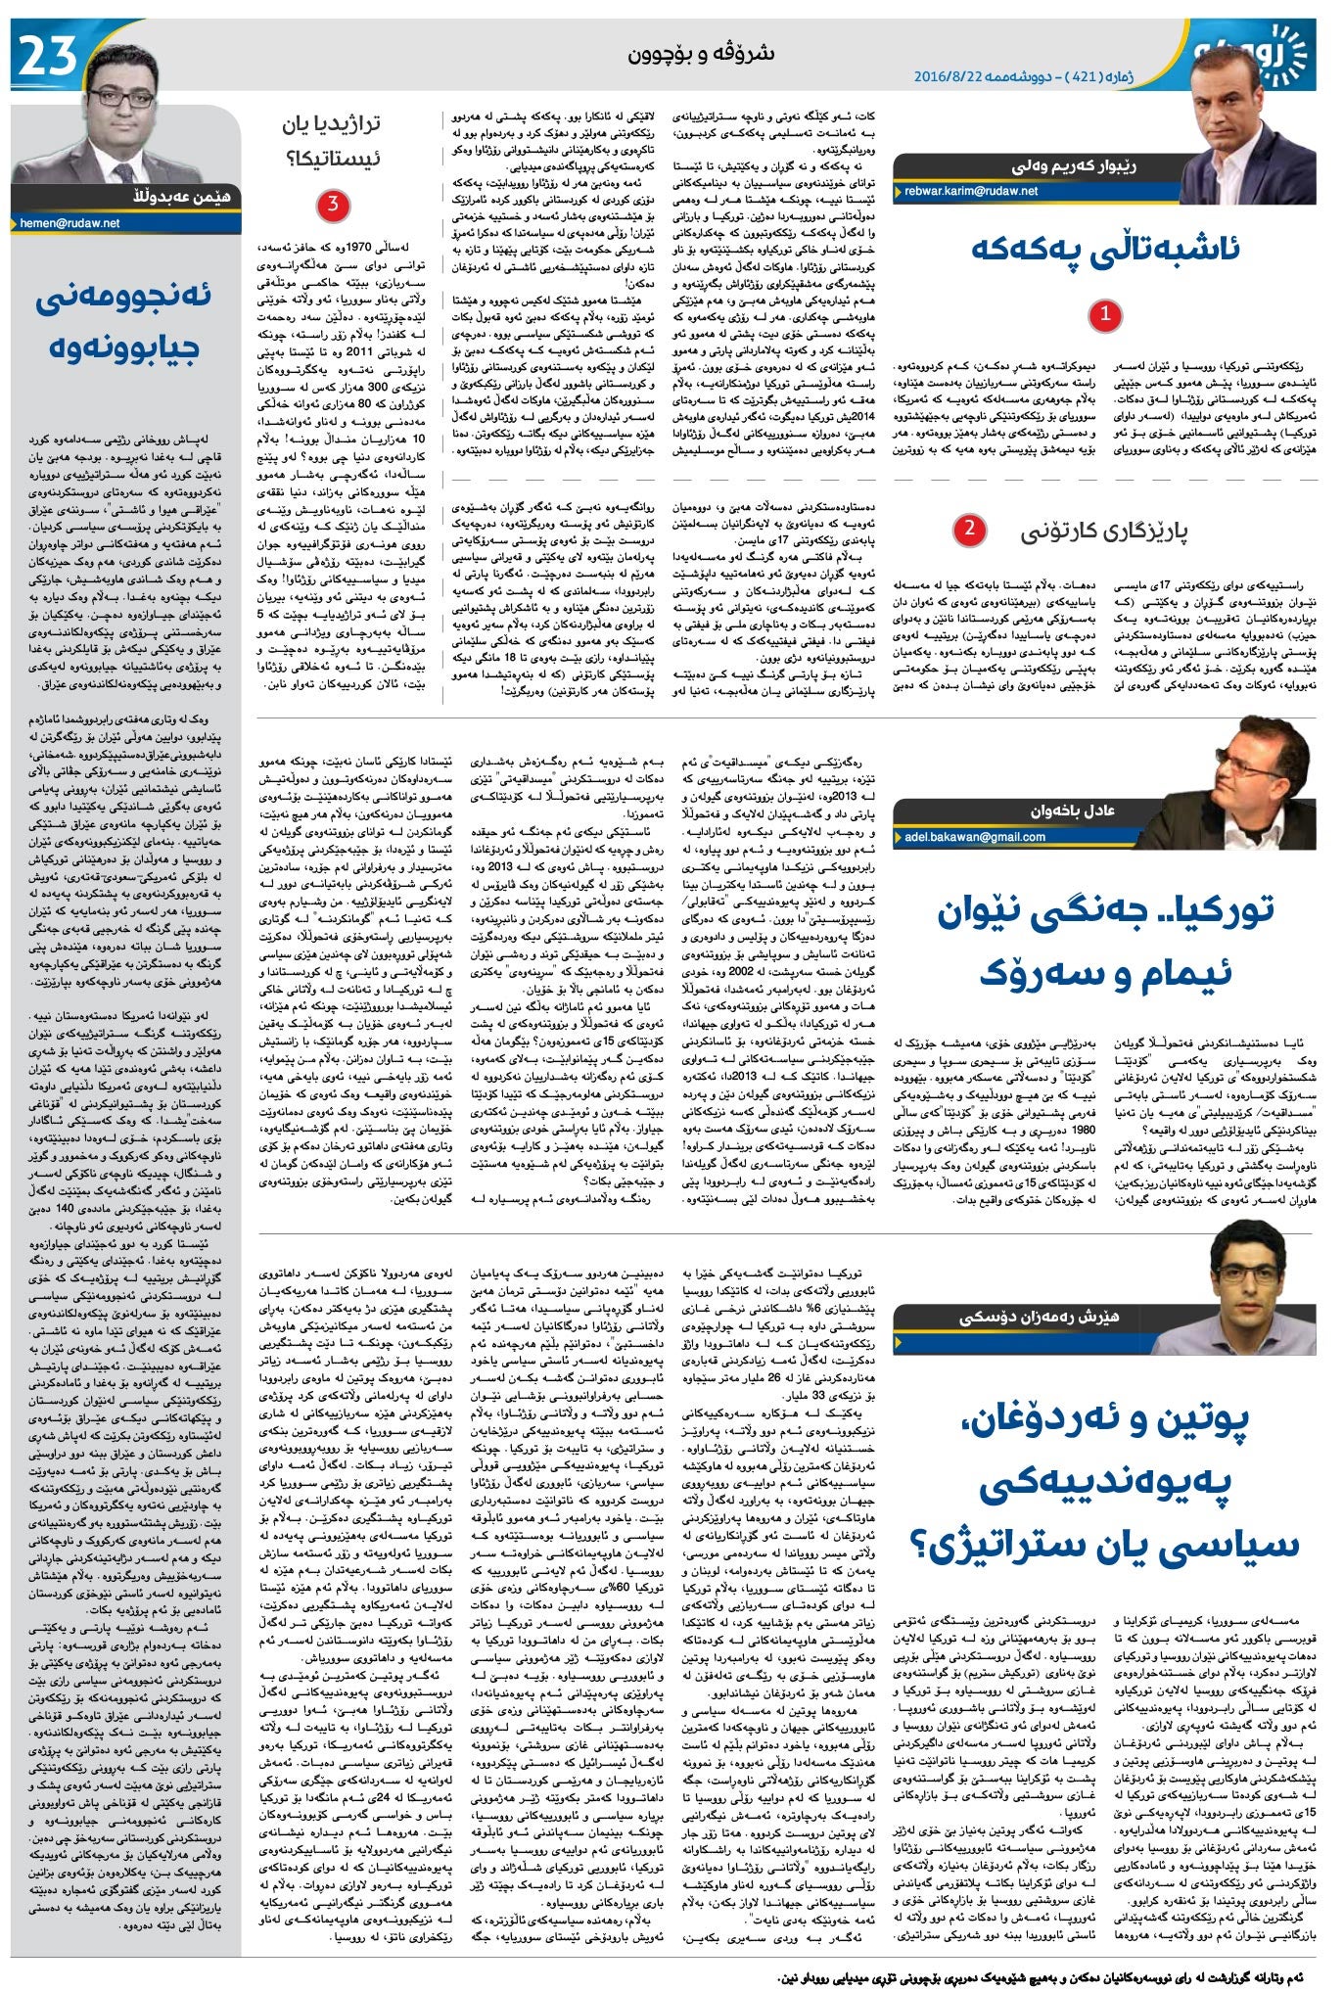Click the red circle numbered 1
pyautogui.click(x=1105, y=315)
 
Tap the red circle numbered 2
pyautogui.click(x=969, y=530)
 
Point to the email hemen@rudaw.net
pyautogui.click(x=69, y=223)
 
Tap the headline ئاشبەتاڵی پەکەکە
pyautogui.click(x=1105, y=249)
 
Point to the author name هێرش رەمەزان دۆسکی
pyautogui.click(x=1039, y=1318)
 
